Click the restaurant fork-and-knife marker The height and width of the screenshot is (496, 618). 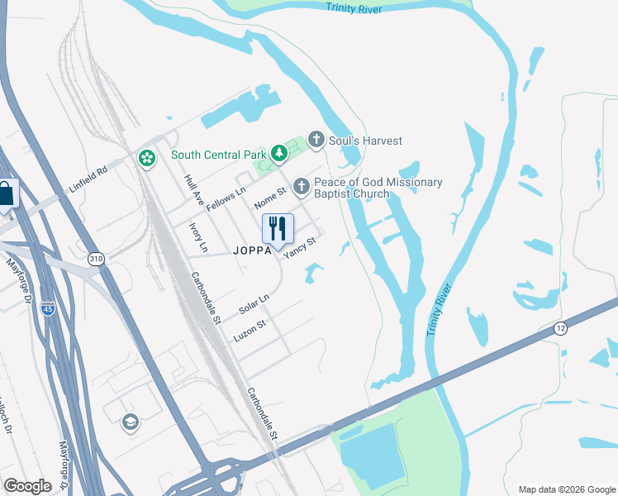pos(278,229)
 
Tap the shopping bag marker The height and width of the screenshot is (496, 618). pos(7,195)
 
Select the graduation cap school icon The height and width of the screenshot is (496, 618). pos(130,423)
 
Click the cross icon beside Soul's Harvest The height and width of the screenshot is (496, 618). pos(315,140)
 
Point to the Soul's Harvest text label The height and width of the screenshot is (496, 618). pos(365,141)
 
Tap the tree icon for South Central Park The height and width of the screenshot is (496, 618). pos(279,154)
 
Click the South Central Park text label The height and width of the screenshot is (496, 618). pos(218,155)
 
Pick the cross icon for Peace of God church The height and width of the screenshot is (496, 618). pos(301,187)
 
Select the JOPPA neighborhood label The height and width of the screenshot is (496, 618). pos(252,250)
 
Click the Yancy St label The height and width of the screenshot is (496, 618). pos(301,248)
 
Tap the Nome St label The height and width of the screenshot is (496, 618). pos(270,198)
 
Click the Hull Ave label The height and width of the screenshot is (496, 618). pos(194,189)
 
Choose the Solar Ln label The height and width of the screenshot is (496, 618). pos(254,304)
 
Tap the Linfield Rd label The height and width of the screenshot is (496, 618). pos(89,180)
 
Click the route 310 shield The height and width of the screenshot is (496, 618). pos(97,260)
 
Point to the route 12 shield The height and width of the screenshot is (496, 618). pos(560,327)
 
